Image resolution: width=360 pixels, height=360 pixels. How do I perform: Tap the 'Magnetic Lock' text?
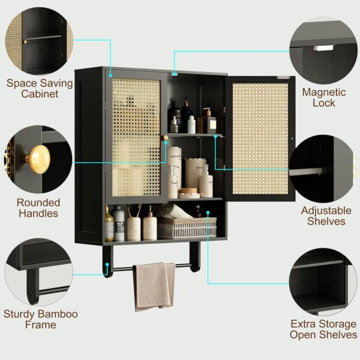pyautogui.click(x=324, y=98)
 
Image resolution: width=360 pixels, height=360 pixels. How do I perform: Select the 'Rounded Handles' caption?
pyautogui.click(x=38, y=208)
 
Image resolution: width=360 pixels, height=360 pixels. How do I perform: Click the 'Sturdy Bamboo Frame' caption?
pyautogui.click(x=41, y=319)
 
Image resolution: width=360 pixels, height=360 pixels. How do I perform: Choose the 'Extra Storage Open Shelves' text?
pyautogui.click(x=323, y=329)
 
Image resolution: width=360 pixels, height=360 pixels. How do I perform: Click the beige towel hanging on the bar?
pyautogui.click(x=154, y=285)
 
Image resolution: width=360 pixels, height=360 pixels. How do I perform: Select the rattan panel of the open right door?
pyautogui.click(x=259, y=137)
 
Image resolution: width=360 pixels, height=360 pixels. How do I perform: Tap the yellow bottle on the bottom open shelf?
pyautogui.click(x=109, y=225)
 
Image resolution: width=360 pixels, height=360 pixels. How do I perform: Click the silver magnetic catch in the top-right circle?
pyautogui.click(x=323, y=47)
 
